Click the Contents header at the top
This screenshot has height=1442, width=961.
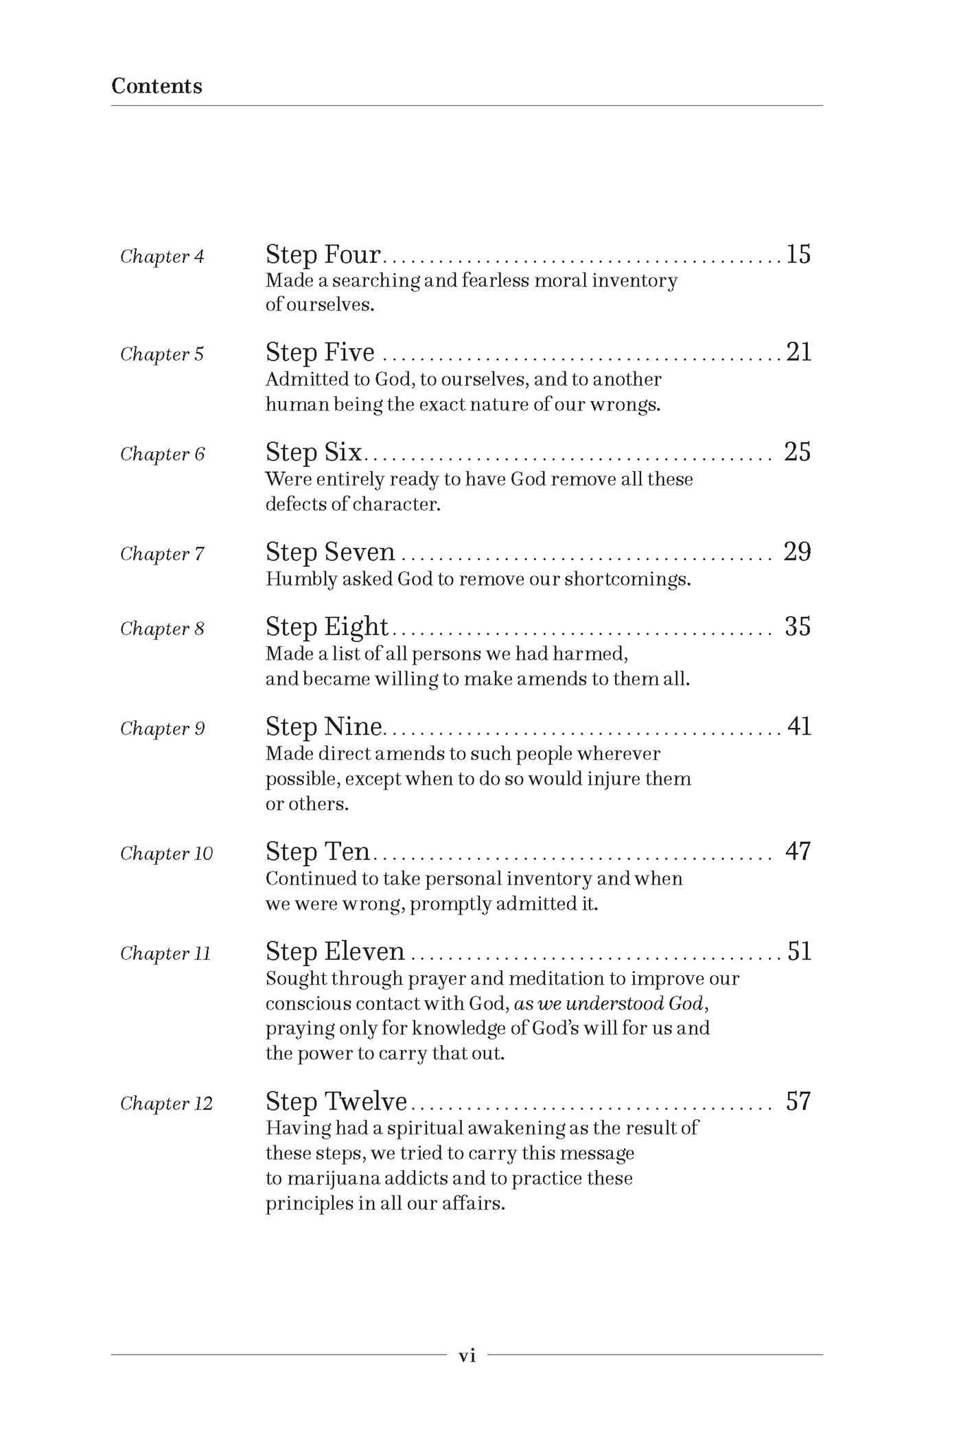coord(157,86)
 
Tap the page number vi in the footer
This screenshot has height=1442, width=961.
coord(467,1355)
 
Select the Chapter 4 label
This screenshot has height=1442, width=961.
coord(162,257)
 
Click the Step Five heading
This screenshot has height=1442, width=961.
coord(320,352)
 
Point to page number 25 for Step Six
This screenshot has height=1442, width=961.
coord(798,452)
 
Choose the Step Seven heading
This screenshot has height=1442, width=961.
coord(330,552)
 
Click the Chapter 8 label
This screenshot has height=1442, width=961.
coord(162,629)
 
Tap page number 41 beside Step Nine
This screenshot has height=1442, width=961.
coord(799,726)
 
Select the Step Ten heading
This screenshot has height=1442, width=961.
coord(318,851)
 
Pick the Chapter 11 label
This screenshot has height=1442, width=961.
coord(165,954)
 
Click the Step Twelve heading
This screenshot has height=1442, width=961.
coord(336,1101)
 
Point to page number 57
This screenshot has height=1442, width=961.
coord(798,1101)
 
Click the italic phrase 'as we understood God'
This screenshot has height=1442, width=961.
coord(610,1004)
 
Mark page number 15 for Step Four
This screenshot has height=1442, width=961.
coord(798,255)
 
